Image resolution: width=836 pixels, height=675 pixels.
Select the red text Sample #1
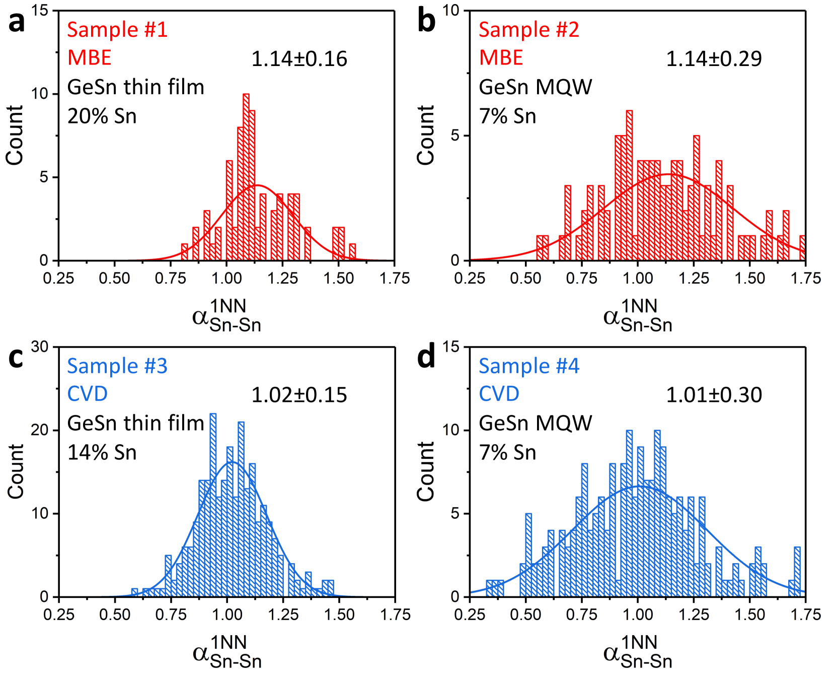[x=117, y=30]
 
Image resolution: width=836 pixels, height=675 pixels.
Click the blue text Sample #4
[x=528, y=366]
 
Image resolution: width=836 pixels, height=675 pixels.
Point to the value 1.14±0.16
[x=299, y=59]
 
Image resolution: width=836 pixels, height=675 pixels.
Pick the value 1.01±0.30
[x=714, y=395]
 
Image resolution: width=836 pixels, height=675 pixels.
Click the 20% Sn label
[x=102, y=116]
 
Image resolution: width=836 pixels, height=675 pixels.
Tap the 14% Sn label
[x=102, y=452]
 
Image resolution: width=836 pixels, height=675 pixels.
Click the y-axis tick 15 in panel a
[x=40, y=10]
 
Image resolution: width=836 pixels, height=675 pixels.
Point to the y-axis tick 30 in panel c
[x=40, y=347]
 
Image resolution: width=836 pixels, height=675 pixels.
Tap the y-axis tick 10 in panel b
[x=451, y=10]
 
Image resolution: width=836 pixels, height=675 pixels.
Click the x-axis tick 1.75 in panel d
[x=805, y=615]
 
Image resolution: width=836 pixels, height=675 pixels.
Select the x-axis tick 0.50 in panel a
[x=115, y=278]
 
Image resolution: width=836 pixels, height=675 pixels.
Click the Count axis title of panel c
[x=16, y=471]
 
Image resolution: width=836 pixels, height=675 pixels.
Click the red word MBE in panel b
[x=501, y=58]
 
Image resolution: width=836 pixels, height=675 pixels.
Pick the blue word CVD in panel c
[x=88, y=394]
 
